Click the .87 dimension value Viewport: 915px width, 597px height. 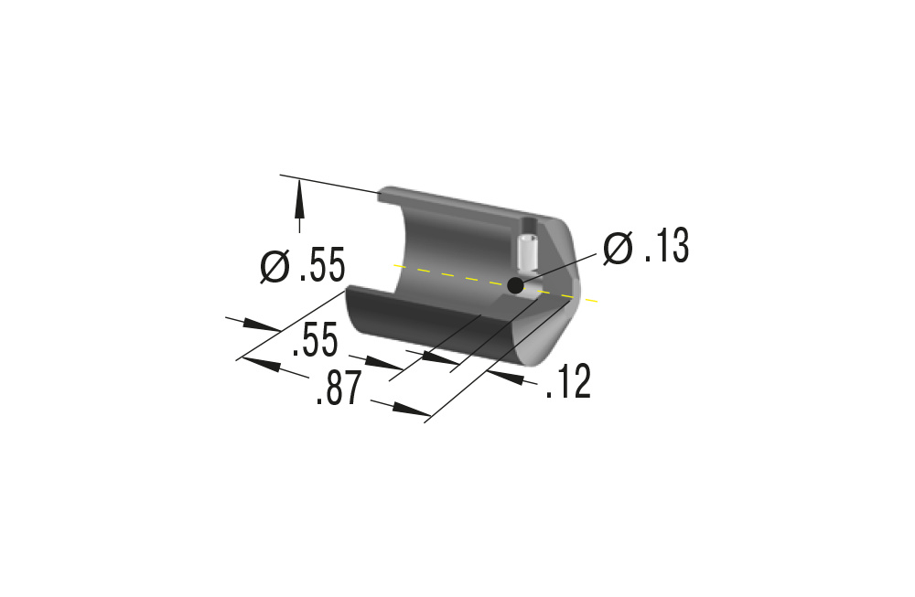(339, 388)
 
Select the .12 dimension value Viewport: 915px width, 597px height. (568, 381)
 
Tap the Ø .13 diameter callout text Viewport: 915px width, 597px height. (646, 247)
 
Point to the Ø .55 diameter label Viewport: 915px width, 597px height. (303, 265)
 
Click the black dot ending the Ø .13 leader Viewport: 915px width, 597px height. (515, 285)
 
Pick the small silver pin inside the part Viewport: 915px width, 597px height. (527, 255)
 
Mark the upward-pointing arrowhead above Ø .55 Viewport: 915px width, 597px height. (299, 198)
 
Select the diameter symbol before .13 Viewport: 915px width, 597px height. (618, 248)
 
